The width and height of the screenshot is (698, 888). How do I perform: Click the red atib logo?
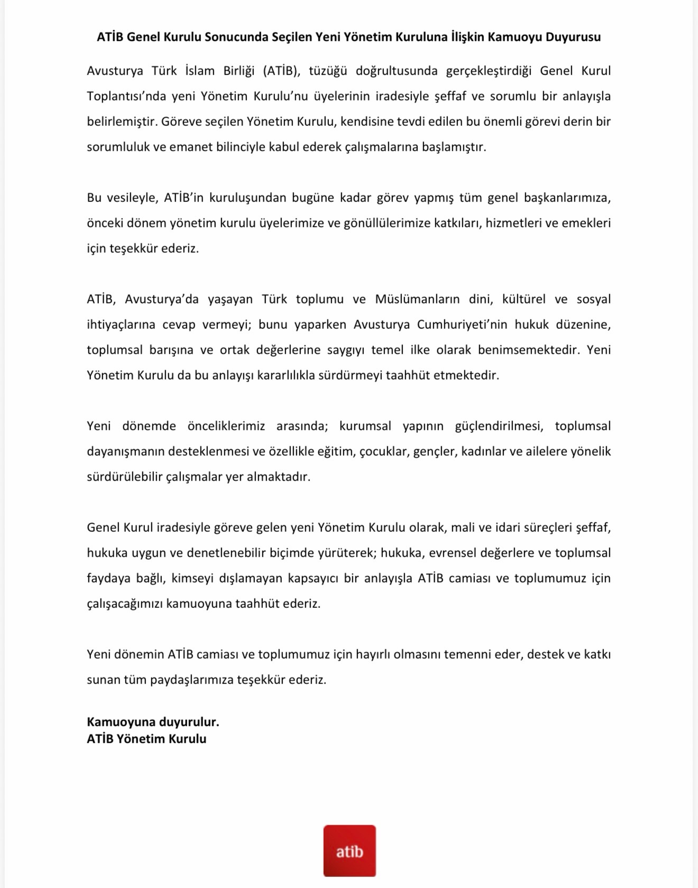tap(350, 850)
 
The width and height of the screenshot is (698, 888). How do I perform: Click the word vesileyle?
tap(132, 198)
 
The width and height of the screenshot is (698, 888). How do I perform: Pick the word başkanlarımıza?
tap(567, 198)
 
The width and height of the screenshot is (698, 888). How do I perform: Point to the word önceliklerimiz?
tap(226, 426)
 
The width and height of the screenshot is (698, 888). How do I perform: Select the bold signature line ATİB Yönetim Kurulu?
tap(146, 739)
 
